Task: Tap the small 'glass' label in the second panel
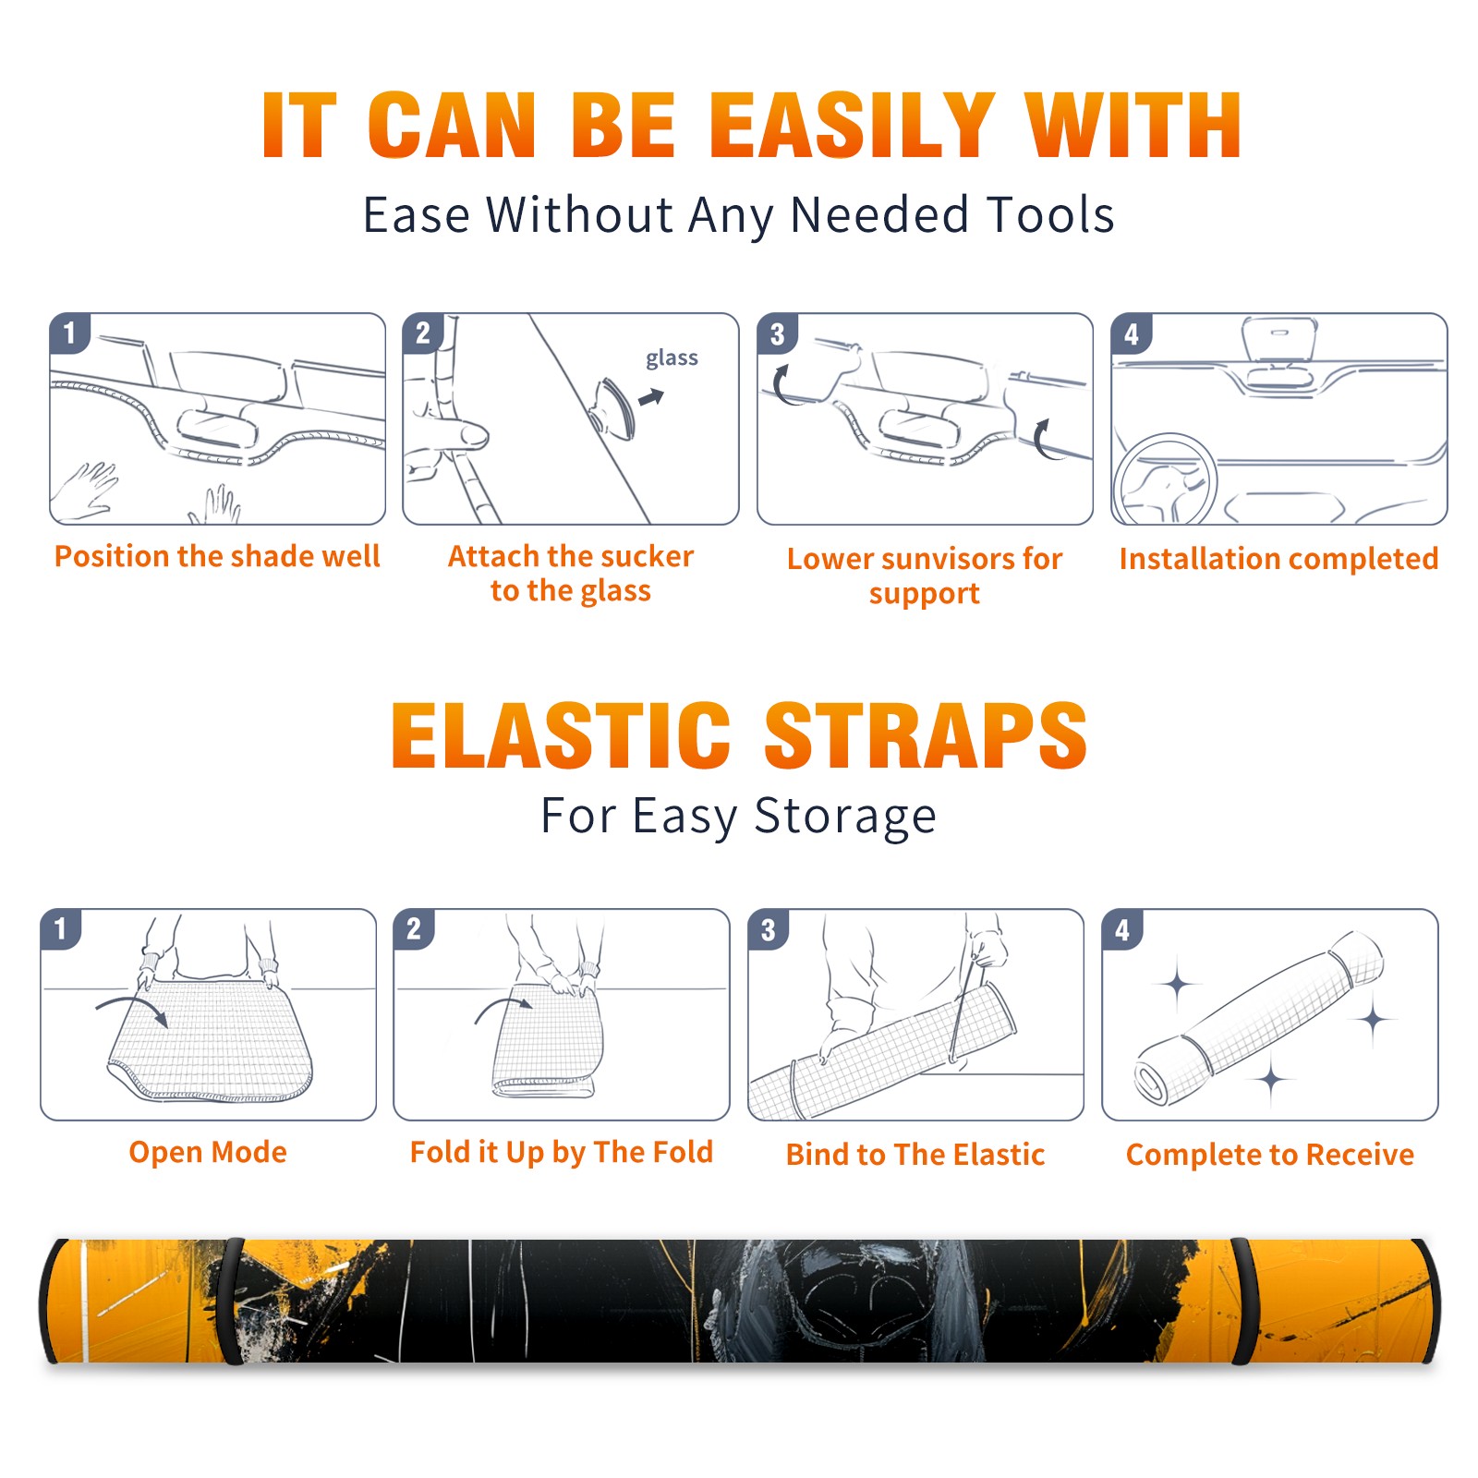(x=672, y=358)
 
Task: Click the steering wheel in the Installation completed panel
(x=1165, y=479)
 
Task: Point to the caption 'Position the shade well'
(x=217, y=556)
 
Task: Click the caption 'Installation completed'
(x=1278, y=559)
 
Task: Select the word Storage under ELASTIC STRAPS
(x=845, y=817)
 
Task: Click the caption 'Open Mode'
(x=208, y=1152)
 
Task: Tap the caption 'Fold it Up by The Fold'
(x=562, y=1153)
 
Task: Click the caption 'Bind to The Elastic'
(x=915, y=1155)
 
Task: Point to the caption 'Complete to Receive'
(x=1270, y=1155)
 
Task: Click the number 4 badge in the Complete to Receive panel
(x=1122, y=929)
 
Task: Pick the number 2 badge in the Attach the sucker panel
(x=423, y=333)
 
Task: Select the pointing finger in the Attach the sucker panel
(x=453, y=434)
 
